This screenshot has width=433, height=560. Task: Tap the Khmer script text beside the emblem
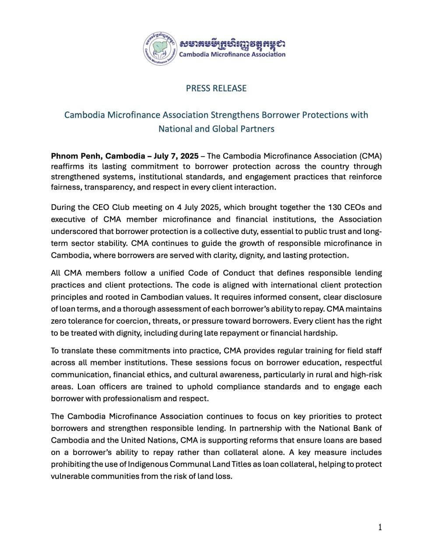tap(232, 44)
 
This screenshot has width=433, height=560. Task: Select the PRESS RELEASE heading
tap(216, 88)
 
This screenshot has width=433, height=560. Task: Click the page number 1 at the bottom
tap(380, 528)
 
